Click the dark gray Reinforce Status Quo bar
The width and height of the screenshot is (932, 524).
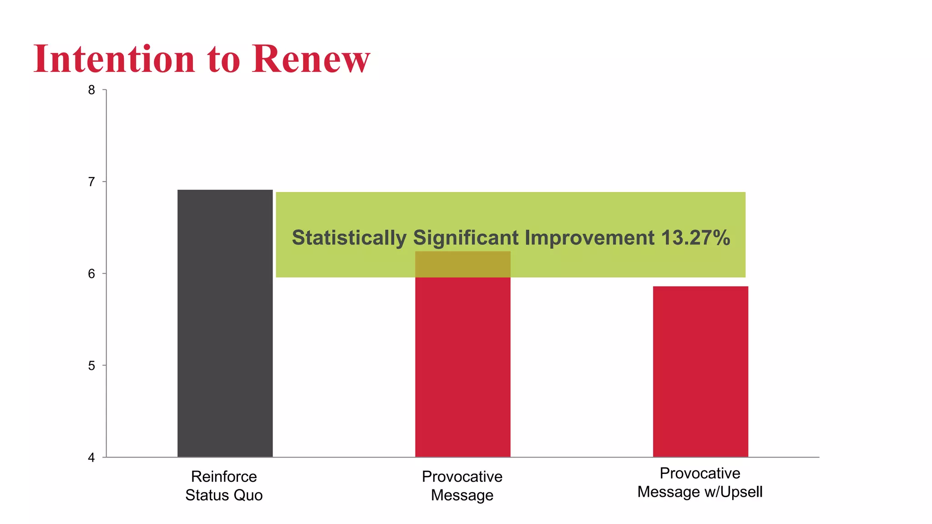tap(225, 323)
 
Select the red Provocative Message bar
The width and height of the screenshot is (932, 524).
tap(462, 364)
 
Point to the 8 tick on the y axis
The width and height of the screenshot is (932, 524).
tap(92, 90)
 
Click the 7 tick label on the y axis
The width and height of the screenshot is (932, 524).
tap(92, 182)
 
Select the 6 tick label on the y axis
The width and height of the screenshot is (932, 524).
tap(92, 274)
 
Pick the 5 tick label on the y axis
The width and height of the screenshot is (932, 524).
tap(92, 366)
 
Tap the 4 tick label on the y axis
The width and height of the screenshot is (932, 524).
tap(92, 458)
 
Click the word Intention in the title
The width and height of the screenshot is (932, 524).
tap(114, 59)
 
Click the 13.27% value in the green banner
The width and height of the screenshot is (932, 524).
tap(695, 238)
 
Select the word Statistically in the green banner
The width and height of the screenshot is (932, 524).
tap(349, 238)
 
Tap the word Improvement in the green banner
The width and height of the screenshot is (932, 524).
tap(589, 238)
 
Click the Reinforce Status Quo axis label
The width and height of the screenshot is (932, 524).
tap(224, 486)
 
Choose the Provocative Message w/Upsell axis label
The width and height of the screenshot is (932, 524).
tap(700, 483)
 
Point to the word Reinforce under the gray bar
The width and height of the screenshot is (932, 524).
tap(224, 477)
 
